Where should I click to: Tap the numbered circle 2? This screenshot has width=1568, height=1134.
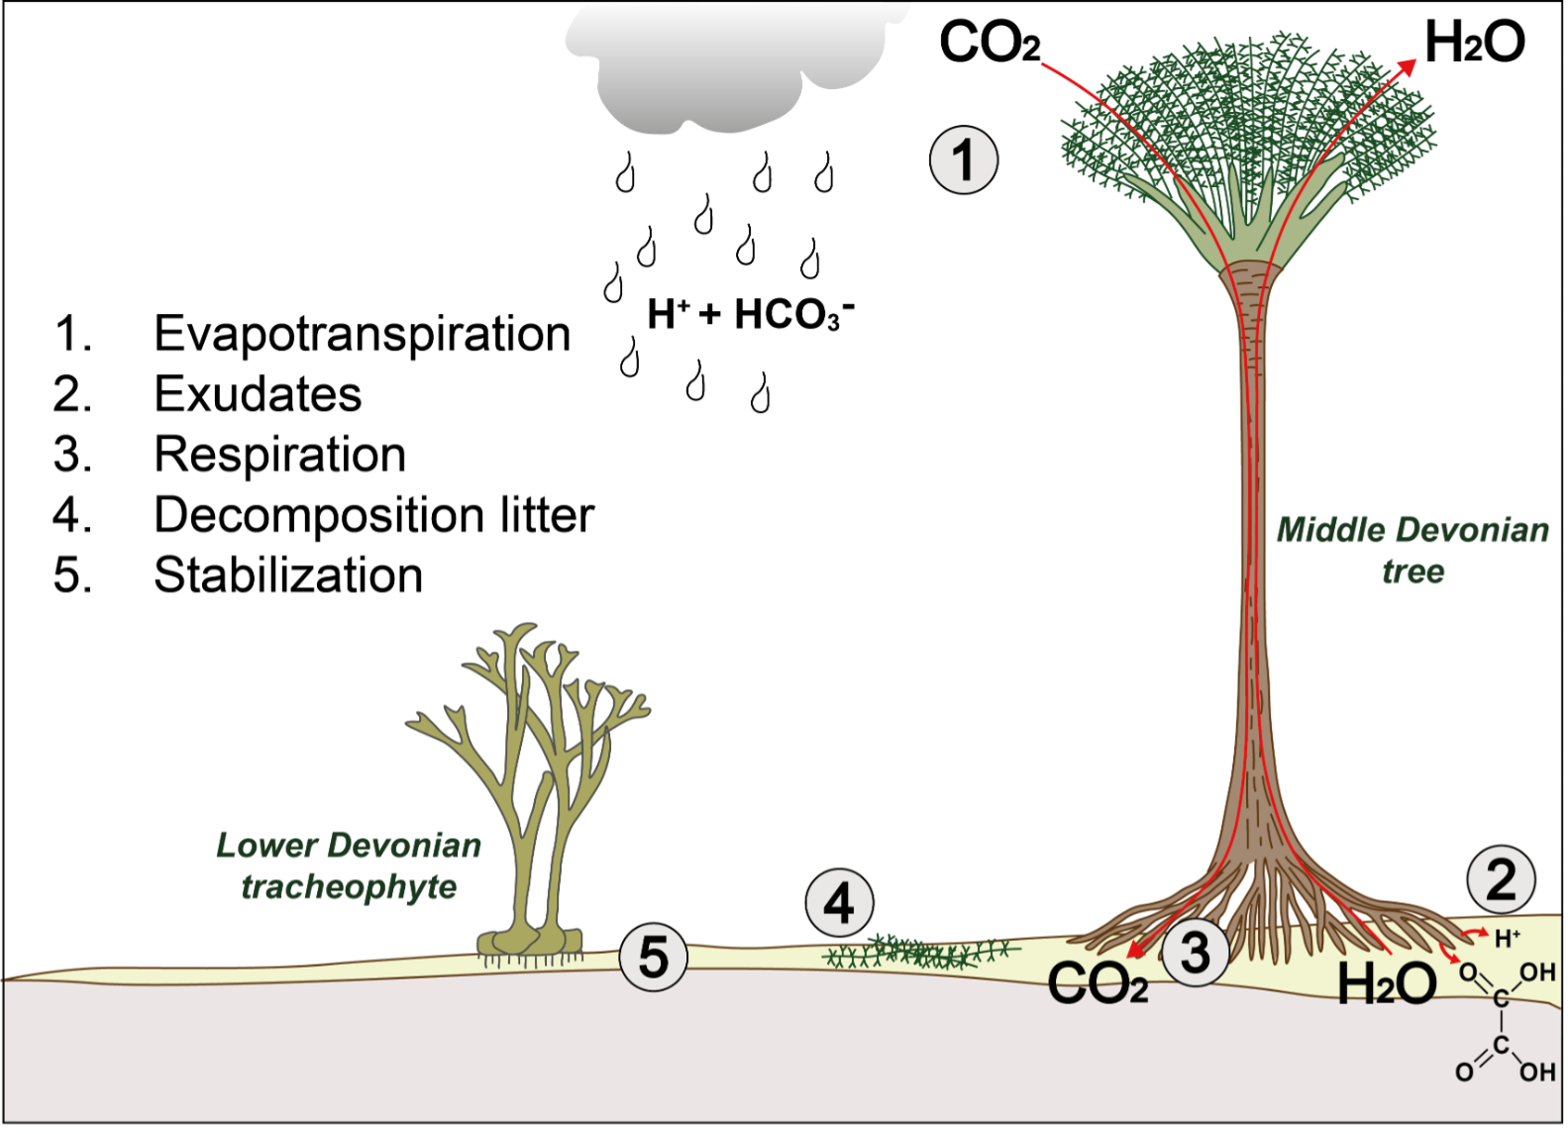(1501, 879)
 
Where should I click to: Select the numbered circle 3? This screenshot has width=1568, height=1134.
(1196, 952)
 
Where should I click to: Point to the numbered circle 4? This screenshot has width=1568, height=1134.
(839, 903)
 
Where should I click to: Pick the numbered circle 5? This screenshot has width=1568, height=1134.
(653, 958)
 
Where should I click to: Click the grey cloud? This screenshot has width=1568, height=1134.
(733, 64)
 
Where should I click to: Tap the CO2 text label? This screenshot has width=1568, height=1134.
(1098, 984)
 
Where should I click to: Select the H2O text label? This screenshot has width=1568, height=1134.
(1387, 984)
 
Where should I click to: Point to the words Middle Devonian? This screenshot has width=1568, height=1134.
(1412, 531)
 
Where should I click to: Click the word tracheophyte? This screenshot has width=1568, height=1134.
(349, 886)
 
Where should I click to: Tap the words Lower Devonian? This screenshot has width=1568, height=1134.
(349, 846)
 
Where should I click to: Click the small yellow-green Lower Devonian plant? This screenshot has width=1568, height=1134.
(530, 792)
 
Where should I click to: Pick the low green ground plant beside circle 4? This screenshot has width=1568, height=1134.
(916, 953)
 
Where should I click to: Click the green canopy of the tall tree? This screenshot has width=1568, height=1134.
(1248, 119)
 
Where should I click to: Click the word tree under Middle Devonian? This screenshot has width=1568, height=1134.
(1413, 571)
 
